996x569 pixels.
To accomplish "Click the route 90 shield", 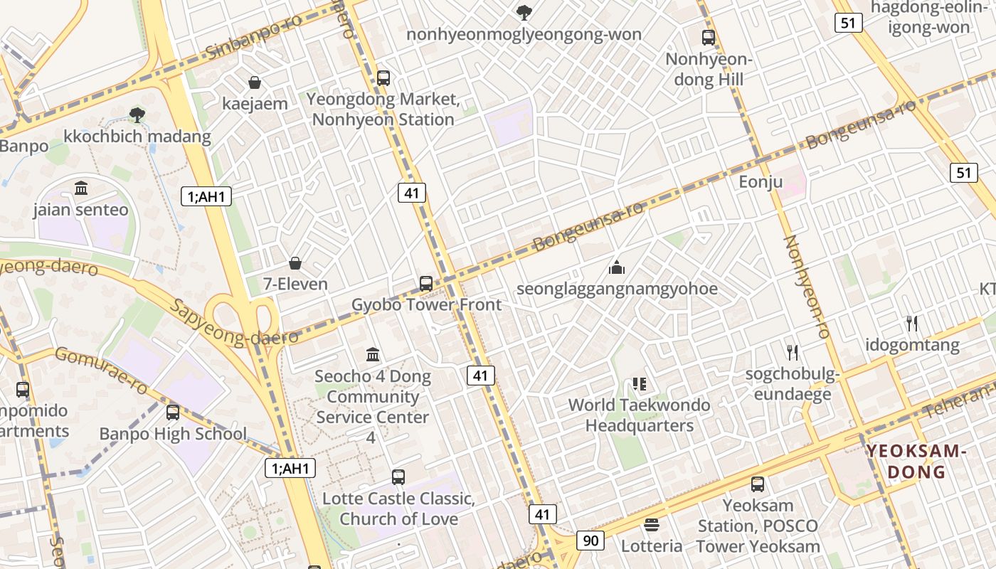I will pyautogui.click(x=590, y=541).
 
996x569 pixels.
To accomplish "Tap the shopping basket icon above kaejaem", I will pyautogui.click(x=255, y=83).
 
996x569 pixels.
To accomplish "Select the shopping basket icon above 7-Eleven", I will pyautogui.click(x=295, y=264).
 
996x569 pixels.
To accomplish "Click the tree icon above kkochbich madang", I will pyautogui.click(x=137, y=115).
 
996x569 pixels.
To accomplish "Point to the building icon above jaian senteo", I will pyautogui.click(x=81, y=188).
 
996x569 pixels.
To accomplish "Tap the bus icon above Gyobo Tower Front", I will pyautogui.click(x=426, y=284).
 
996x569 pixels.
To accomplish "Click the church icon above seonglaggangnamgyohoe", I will pyautogui.click(x=617, y=268).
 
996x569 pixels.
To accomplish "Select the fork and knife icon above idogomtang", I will pyautogui.click(x=912, y=324).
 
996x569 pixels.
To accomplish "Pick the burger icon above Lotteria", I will pyautogui.click(x=652, y=526).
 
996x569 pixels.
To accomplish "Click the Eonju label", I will pyautogui.click(x=761, y=181).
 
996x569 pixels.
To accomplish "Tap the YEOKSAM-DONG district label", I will pyautogui.click(x=916, y=461).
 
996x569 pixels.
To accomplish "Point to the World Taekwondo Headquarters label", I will pyautogui.click(x=639, y=415).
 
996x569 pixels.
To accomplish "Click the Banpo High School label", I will pyautogui.click(x=173, y=434).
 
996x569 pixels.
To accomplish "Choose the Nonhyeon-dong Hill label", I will pyautogui.click(x=709, y=70).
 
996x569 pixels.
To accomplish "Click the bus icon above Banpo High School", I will pyautogui.click(x=173, y=413).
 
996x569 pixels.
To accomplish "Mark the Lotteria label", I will pyautogui.click(x=652, y=546).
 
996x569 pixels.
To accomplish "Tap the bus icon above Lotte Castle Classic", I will pyautogui.click(x=398, y=477).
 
